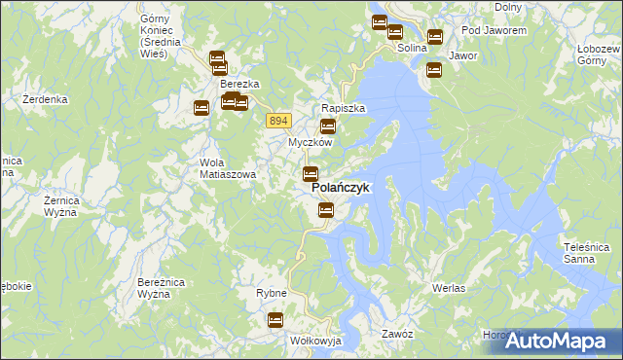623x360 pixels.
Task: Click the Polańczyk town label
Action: coord(340,189)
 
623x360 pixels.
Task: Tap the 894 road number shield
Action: coord(278,120)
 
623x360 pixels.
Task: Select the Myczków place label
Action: coord(310,142)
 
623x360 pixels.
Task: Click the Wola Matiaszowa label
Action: coord(227,168)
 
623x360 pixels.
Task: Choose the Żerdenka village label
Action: coord(45,99)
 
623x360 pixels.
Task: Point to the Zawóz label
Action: coord(398,333)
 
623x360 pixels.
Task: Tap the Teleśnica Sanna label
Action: coord(585,253)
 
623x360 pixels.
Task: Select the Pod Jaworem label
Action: coord(494,30)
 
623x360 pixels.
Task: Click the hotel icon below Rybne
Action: coord(275,319)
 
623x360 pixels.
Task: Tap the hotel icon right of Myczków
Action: coord(328,126)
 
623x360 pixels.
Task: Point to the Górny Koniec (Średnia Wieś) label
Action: coord(154,36)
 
